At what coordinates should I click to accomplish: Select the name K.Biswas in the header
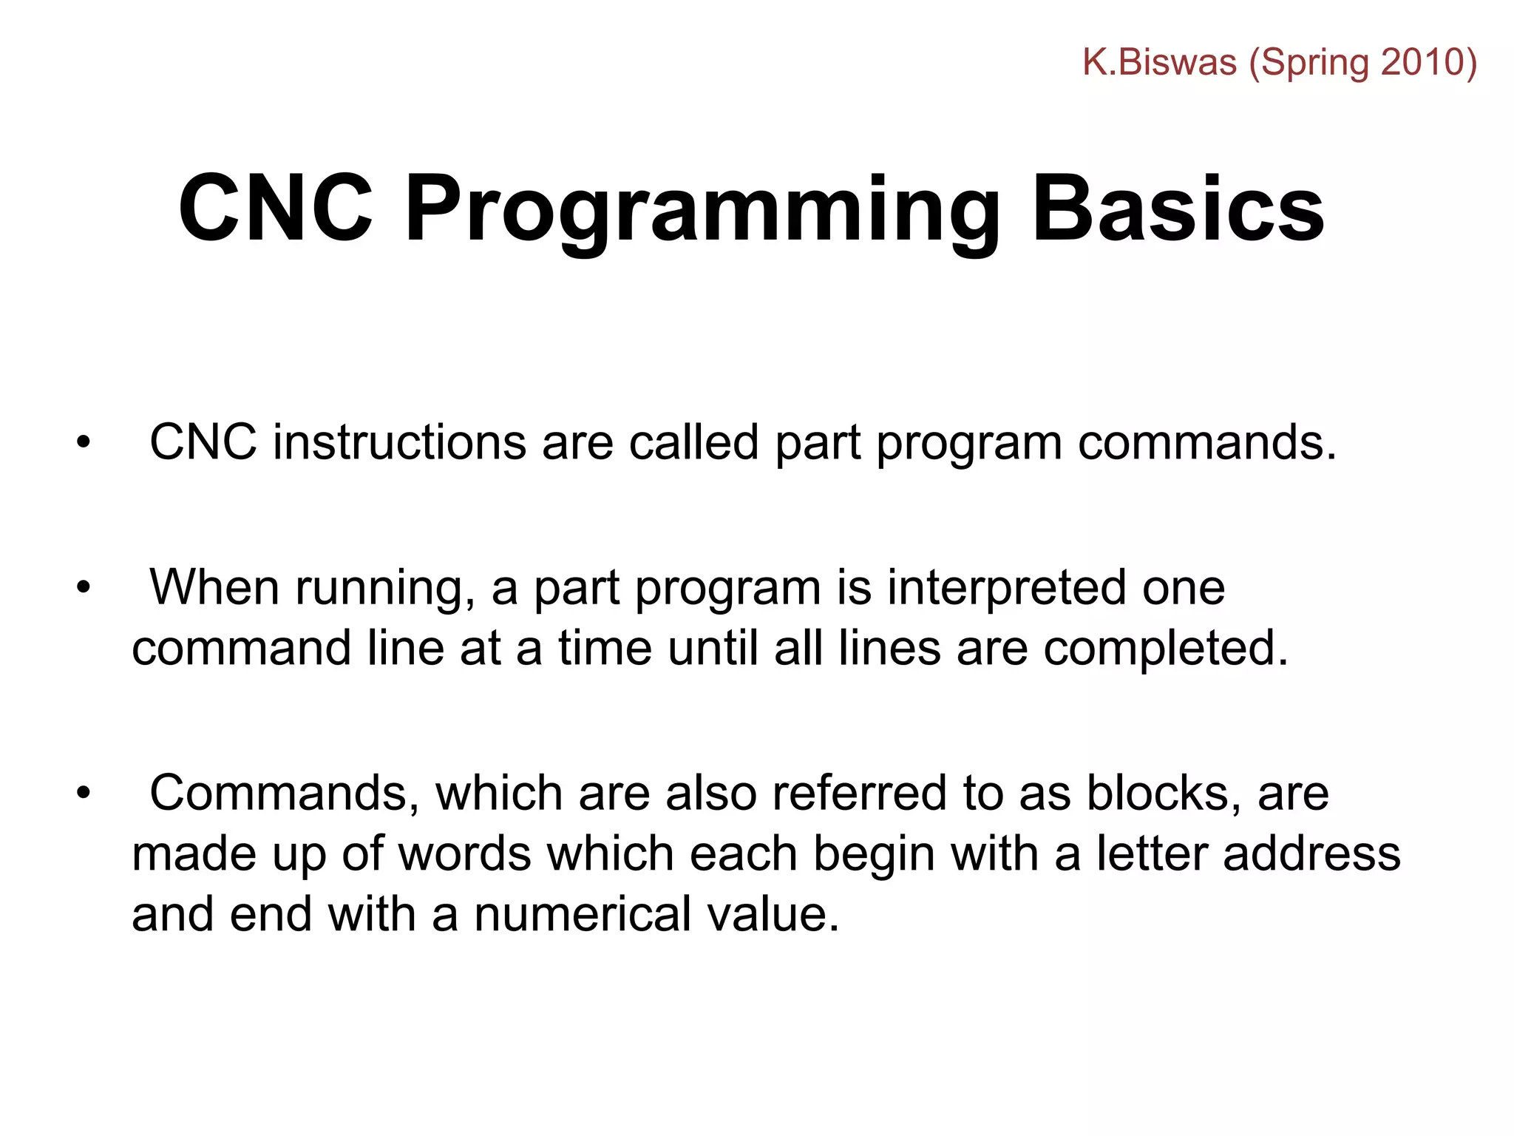pyautogui.click(x=1159, y=62)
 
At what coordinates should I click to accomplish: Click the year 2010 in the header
pyautogui.click(x=1423, y=62)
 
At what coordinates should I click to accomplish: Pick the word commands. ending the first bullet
pyautogui.click(x=1206, y=443)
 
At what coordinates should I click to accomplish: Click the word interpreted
pyautogui.click(x=1006, y=589)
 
